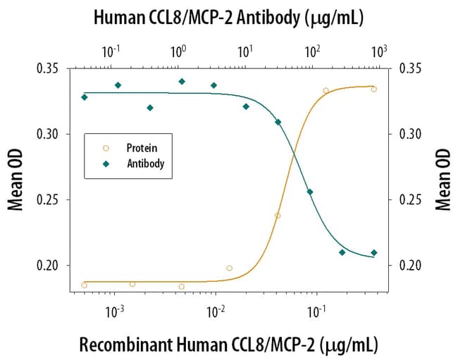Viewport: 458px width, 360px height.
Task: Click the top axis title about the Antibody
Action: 228,18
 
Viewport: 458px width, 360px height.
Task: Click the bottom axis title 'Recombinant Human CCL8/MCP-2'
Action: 228,345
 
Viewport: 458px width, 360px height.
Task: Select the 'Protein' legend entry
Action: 142,148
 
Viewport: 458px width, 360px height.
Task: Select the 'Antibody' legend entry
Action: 145,163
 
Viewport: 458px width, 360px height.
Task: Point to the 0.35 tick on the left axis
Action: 50,68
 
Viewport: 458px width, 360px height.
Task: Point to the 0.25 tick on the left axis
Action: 50,200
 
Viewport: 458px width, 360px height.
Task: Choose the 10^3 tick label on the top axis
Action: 380,51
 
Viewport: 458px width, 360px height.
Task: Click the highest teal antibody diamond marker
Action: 182,82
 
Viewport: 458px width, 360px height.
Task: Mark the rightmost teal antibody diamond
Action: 374,252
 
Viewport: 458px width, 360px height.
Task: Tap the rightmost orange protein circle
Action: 374,89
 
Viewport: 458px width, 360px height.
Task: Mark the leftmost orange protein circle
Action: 85,285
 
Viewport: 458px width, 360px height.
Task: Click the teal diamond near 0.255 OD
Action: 310,192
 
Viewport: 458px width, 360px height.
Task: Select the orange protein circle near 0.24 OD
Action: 278,216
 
